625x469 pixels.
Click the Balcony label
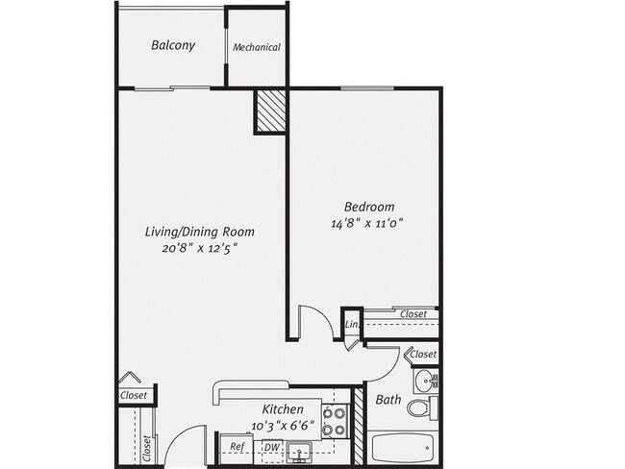(x=173, y=45)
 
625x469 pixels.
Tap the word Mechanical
(x=257, y=47)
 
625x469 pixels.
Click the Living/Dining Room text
(x=199, y=232)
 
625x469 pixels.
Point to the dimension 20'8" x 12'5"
(x=199, y=247)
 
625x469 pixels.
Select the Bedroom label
(x=369, y=207)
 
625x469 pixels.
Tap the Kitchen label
(x=283, y=408)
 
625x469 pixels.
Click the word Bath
(x=388, y=400)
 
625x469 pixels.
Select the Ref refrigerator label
(x=237, y=447)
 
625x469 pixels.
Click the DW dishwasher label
(x=272, y=447)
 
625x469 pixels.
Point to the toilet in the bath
(x=420, y=408)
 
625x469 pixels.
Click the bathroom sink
(x=427, y=381)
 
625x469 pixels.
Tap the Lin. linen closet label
(x=352, y=327)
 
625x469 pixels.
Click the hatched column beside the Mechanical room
(x=270, y=111)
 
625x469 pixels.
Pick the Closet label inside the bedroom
(x=413, y=314)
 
